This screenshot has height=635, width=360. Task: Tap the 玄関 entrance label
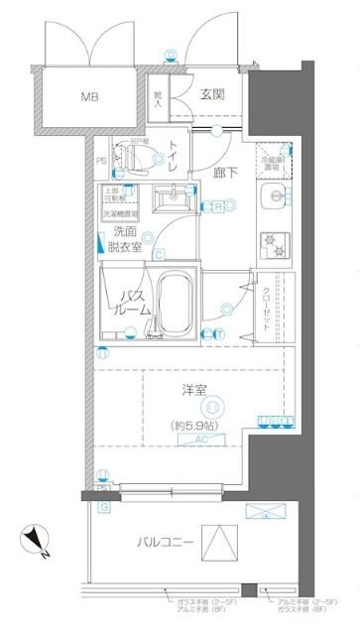[211, 95]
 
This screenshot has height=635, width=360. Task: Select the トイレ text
[173, 159]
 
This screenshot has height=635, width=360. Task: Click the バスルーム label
[135, 303]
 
